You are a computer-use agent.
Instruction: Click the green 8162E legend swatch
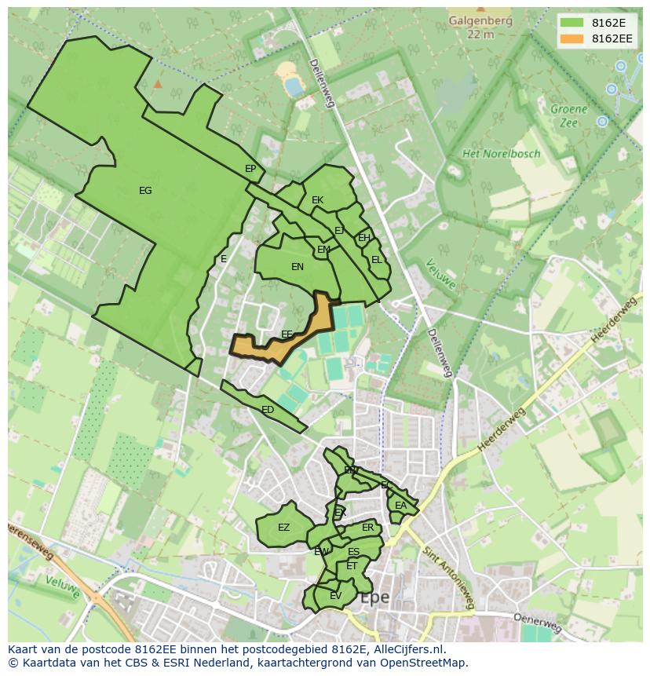tap(571, 22)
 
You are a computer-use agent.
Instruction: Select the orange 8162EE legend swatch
tap(571, 38)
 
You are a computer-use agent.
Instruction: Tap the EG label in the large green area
tap(145, 191)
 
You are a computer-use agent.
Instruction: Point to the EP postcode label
tap(250, 169)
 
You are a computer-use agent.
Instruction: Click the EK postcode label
tap(317, 200)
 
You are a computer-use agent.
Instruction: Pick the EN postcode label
tap(298, 267)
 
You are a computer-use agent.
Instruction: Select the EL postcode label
tap(377, 260)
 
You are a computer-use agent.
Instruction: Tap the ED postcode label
tap(268, 410)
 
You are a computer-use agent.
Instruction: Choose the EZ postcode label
tap(283, 528)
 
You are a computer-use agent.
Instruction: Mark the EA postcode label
tap(400, 506)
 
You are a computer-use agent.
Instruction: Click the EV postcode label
tap(335, 596)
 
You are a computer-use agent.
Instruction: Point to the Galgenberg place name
tap(480, 21)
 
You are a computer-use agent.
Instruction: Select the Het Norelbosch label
tap(501, 154)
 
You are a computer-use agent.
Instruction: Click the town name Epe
tap(374, 597)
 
